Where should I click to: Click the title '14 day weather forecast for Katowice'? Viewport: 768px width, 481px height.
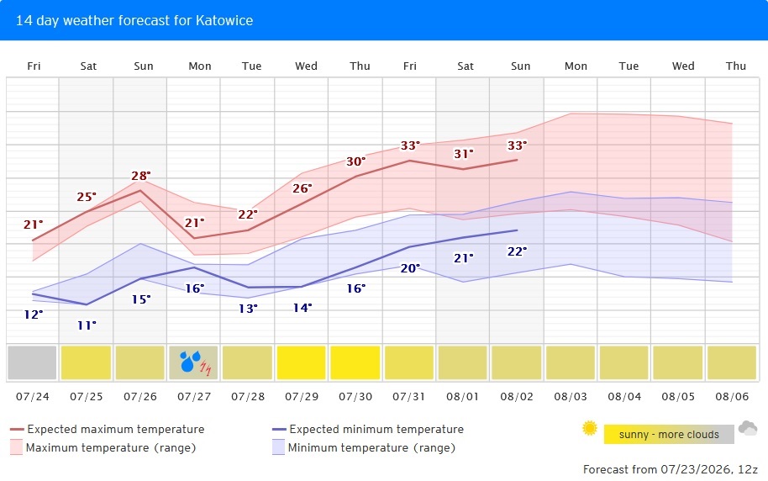tap(134, 20)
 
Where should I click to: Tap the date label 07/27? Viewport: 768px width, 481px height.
tap(194, 397)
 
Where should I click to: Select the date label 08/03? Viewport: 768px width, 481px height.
tap(571, 397)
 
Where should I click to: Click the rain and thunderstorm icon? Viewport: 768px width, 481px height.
tap(195, 362)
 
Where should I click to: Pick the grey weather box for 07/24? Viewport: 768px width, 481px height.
tap(32, 362)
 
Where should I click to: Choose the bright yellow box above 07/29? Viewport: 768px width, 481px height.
tap(301, 362)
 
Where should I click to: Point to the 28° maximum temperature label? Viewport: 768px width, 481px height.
tap(141, 176)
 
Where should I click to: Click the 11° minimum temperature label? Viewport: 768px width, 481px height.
tap(87, 325)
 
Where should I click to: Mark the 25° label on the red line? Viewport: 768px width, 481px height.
tap(87, 197)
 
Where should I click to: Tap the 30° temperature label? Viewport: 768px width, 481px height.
tap(356, 161)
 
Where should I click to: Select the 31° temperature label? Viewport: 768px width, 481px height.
tap(463, 154)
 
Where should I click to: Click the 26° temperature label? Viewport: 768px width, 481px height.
tap(302, 188)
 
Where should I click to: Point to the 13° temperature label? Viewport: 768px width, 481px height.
tap(249, 309)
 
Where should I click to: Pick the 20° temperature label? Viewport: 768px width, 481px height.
tap(410, 268)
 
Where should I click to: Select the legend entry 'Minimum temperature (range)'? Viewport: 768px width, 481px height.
tap(364, 447)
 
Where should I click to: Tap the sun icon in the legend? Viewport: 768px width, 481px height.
tap(590, 428)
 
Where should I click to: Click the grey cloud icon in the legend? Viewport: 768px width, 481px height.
tap(748, 428)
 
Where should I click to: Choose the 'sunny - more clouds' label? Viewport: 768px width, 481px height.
tap(669, 435)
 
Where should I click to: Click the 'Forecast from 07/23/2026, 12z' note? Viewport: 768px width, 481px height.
tap(671, 469)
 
